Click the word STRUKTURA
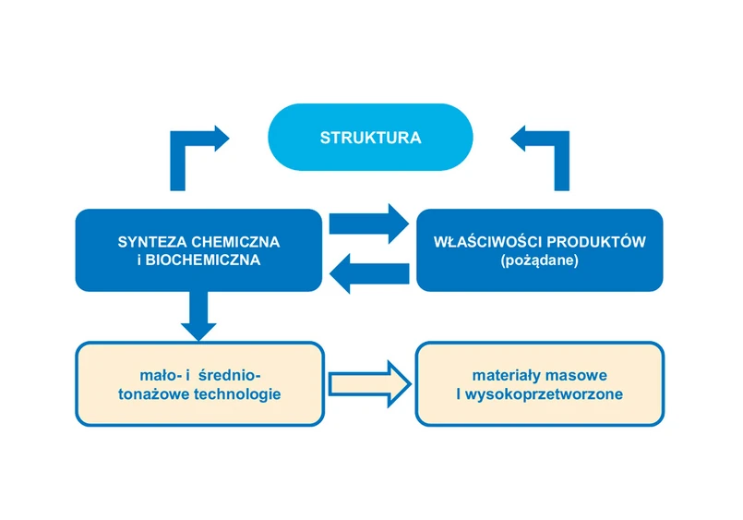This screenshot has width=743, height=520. click(370, 139)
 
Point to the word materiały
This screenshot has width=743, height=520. click(509, 375)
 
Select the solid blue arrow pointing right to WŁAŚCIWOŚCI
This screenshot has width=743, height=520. click(367, 223)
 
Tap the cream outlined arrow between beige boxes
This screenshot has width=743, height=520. click(368, 382)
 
